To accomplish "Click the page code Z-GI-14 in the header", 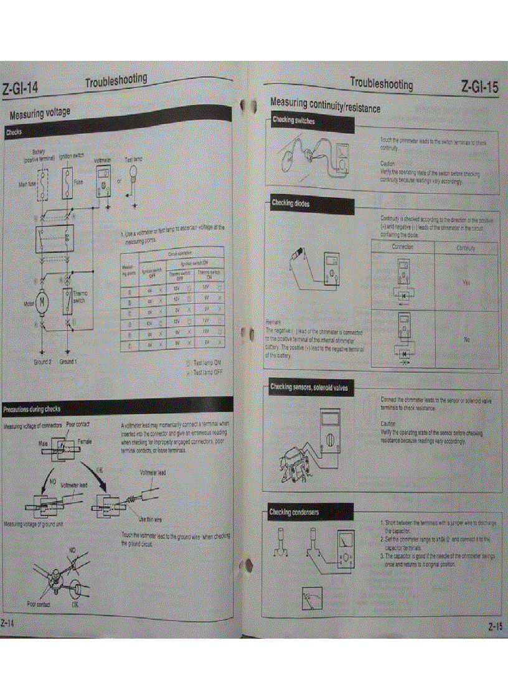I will coord(21,88).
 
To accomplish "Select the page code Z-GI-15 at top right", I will coord(479,87).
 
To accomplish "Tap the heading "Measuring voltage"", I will coord(40,113).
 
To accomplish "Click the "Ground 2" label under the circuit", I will coord(42,362).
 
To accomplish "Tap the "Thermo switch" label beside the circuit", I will coord(80,296).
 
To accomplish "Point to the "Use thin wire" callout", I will coord(150,518).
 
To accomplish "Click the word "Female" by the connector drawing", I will coord(85,441).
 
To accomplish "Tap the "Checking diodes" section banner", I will coord(290,204).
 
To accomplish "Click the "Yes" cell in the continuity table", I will coord(466,282).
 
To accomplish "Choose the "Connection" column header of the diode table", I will coord(402,247).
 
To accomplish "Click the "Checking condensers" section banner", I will coord(294,512).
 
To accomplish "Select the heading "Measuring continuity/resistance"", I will coord(325,106).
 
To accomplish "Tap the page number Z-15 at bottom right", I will coord(494,626).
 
